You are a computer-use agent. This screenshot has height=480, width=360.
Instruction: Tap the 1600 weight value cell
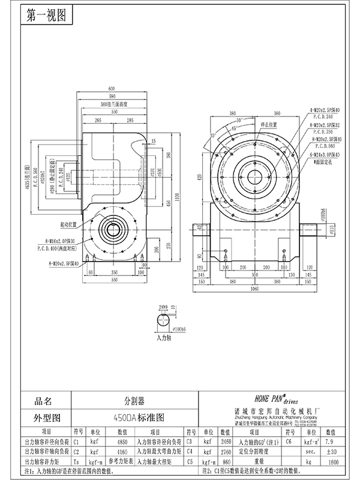pos(334,462)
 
